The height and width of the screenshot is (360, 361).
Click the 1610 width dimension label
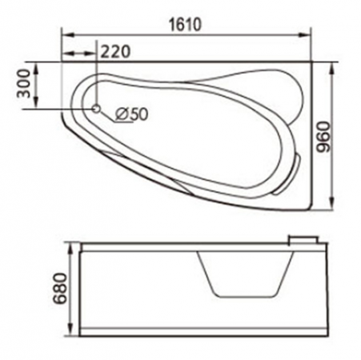[x=186, y=25]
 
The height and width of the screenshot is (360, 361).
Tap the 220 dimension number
[x=116, y=51]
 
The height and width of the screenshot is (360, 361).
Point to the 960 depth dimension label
[x=323, y=137]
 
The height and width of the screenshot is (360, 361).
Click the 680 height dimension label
[x=59, y=288]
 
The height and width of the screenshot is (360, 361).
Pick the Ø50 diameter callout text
[x=131, y=114]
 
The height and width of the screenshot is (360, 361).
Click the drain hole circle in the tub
[x=96, y=109]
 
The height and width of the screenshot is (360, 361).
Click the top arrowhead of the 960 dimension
[x=331, y=70]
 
